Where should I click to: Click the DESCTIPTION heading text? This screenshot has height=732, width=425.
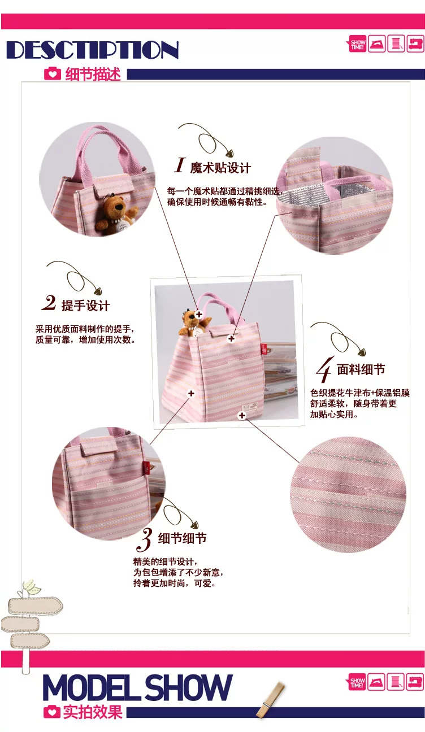pos(93,50)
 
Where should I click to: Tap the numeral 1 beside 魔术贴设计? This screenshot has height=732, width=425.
pos(180,165)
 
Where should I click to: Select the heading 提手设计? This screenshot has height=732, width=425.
pos(86,306)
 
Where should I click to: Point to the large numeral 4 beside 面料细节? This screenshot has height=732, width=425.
pos(324,369)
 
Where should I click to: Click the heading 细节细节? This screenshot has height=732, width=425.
pos(182,538)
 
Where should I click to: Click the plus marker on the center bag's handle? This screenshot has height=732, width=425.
pos(199,315)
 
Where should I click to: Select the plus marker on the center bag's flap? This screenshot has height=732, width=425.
pos(231,338)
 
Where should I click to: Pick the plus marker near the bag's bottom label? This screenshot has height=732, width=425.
pos(242,415)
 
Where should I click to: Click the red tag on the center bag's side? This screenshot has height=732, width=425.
pos(263,349)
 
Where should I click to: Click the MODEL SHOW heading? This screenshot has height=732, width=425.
pos(137,687)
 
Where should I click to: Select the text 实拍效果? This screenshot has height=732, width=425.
pos(93,712)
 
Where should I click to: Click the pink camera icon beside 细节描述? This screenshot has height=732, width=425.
pos(53,74)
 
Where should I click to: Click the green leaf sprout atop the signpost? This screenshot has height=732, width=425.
pos(31,587)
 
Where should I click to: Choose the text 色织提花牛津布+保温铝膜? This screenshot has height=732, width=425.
pos(360,393)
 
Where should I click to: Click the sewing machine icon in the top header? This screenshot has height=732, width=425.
pos(415,43)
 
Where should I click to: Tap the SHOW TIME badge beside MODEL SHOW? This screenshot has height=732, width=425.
pos(357,682)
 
